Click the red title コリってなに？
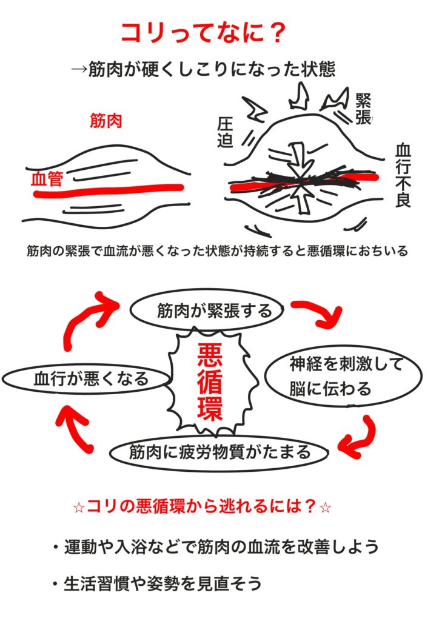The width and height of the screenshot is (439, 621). click(203, 33)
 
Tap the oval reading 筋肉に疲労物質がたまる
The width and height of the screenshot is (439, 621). click(219, 452)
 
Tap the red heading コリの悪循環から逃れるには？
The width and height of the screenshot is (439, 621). click(203, 506)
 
